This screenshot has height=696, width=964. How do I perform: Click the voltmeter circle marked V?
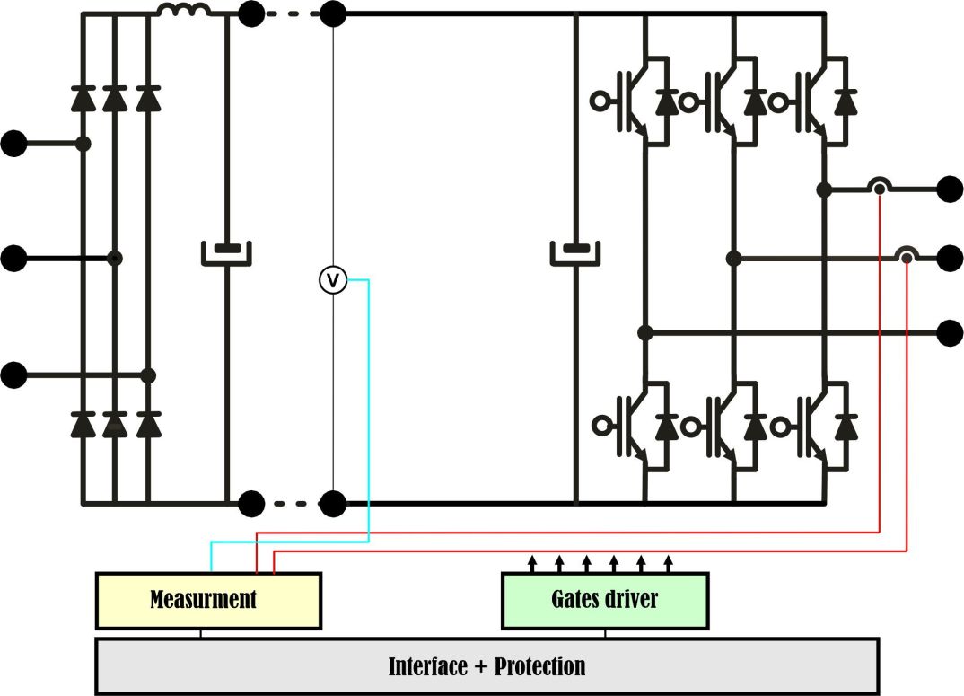click(x=333, y=280)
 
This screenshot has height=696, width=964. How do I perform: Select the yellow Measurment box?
click(x=207, y=600)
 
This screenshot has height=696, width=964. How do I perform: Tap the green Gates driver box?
click(x=604, y=600)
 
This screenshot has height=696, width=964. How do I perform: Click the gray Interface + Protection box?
click(x=486, y=666)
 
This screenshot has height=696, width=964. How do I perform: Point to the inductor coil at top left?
click(x=184, y=11)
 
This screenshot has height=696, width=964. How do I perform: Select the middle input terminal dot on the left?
click(x=14, y=259)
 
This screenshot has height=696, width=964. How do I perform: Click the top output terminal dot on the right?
click(x=950, y=189)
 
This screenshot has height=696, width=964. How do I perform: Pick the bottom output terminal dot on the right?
click(x=950, y=333)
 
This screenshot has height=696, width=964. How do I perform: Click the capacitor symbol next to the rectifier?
click(x=225, y=252)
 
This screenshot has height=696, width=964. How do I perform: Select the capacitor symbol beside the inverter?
click(x=575, y=252)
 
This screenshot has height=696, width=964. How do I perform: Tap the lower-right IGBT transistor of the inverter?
click(x=816, y=425)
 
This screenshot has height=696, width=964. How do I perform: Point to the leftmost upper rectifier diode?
click(x=83, y=98)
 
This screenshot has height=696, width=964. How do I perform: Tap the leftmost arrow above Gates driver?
click(x=531, y=564)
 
